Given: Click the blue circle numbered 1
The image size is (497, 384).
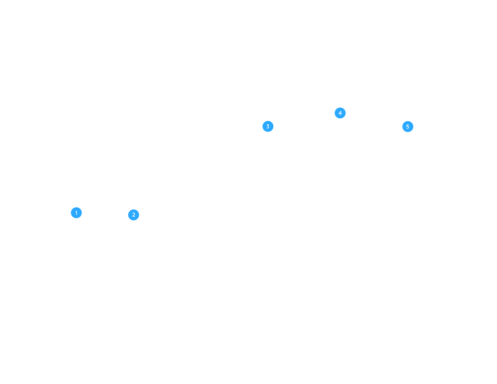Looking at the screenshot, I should click(x=76, y=213).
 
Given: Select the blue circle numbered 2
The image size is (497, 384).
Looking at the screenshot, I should click(x=133, y=215).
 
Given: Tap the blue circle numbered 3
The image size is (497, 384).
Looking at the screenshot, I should click(x=268, y=127).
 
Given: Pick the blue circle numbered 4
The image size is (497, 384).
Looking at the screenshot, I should click(x=340, y=113).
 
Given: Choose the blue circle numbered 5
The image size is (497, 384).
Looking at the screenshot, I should click(x=408, y=127).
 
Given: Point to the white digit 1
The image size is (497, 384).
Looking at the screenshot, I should click(x=76, y=213).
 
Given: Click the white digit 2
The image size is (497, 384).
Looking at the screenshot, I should click(x=133, y=215).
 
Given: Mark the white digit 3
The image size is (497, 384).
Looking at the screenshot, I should click(x=268, y=127).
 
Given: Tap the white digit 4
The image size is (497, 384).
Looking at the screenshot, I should click(x=340, y=113).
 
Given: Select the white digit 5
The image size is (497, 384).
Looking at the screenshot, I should click(x=408, y=127).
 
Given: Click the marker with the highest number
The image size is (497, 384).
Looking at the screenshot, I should click(x=408, y=127).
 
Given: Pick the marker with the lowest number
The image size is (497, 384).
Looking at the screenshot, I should click(x=76, y=213).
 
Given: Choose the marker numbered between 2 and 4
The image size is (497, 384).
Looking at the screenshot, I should click(x=268, y=127).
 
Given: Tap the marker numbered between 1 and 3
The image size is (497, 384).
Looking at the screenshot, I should click(x=133, y=215).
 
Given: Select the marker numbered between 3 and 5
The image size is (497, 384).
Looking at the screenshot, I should click(x=340, y=113).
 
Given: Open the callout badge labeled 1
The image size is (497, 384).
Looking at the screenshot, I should click(x=76, y=213).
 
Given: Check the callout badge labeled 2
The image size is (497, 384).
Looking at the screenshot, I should click(x=133, y=215).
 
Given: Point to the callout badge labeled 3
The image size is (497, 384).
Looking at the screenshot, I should click(x=268, y=127).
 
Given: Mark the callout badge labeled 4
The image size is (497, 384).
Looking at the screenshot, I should click(x=340, y=113).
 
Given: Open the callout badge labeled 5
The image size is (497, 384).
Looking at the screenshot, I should click(x=408, y=127).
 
